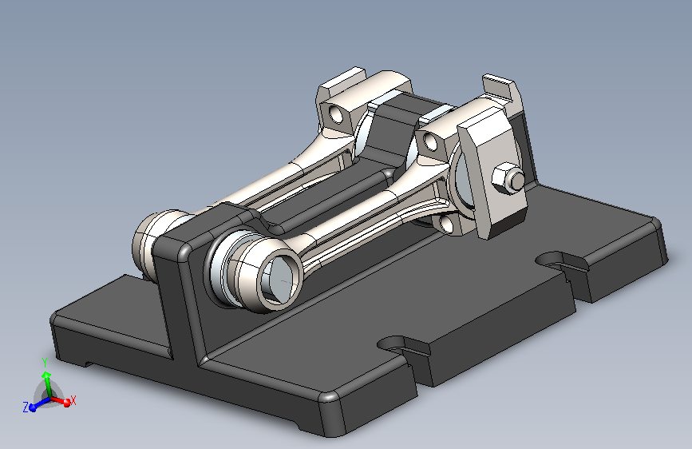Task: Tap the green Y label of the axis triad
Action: pyautogui.click(x=45, y=363)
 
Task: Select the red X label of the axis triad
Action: pyautogui.click(x=73, y=401)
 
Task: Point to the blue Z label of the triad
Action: pyautogui.click(x=26, y=407)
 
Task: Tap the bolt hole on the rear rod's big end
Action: pyautogui.click(x=336, y=114)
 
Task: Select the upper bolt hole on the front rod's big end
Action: pyautogui.click(x=429, y=141)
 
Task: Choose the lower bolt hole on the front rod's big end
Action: pyautogui.click(x=447, y=224)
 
